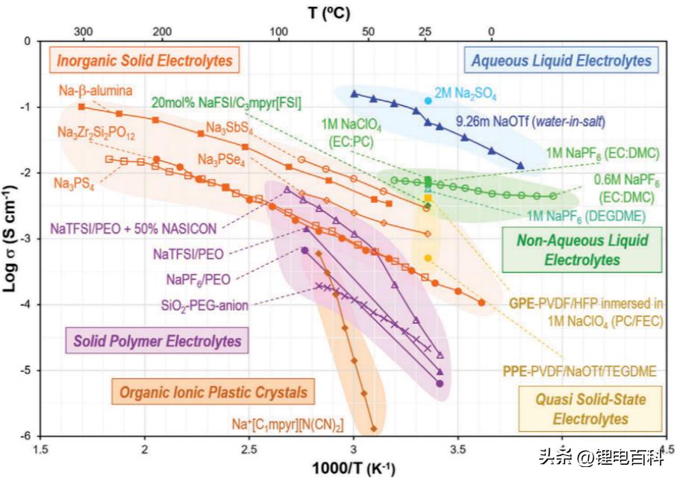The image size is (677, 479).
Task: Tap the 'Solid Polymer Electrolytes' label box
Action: pyautogui.click(x=157, y=342)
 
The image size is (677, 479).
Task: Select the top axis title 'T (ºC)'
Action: pyautogui.click(x=328, y=12)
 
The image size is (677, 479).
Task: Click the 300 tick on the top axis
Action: pyautogui.click(x=83, y=32)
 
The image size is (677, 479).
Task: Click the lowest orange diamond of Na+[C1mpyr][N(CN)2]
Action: pyautogui.click(x=373, y=428)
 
